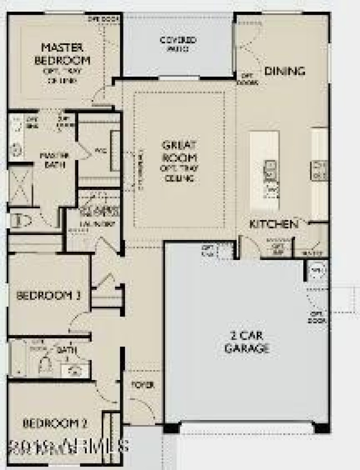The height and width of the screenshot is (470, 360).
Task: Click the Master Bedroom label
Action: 66,54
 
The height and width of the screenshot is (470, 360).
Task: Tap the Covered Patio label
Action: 178,43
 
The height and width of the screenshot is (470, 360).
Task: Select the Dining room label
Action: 284,71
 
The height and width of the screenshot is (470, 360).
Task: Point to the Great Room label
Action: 179,151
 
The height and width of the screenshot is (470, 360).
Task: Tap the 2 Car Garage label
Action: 247,342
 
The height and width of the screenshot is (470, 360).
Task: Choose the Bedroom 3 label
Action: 49,296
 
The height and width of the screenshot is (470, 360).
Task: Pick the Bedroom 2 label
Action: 55,423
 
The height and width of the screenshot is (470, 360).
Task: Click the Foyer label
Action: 143,385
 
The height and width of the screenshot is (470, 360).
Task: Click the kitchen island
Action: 265,171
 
